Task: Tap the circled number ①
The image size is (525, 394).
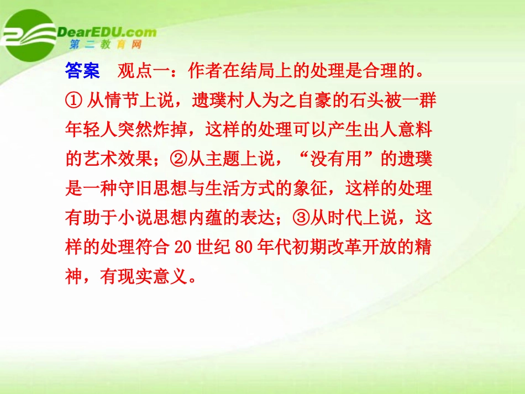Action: click(x=73, y=101)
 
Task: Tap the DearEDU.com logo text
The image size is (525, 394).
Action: click(x=105, y=32)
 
